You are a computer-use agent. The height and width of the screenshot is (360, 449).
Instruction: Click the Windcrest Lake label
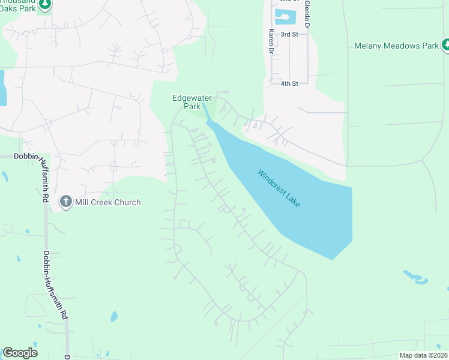pos(279,188)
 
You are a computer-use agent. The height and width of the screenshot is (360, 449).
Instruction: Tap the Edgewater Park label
pos(187,102)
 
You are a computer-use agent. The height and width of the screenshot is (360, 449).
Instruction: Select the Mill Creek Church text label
pos(107,202)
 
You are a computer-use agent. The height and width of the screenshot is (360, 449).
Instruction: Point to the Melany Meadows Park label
pos(396,46)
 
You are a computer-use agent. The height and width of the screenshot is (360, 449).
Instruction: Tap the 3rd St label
pos(289,34)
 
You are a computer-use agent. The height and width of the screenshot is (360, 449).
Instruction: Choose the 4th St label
pos(289,83)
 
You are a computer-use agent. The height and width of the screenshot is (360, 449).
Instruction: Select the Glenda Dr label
pos(307,15)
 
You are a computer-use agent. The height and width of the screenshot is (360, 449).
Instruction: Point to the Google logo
pos(20,353)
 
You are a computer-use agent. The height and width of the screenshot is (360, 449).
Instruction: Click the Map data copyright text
pos(424,355)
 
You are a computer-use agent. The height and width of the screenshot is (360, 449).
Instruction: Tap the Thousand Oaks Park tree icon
pos(44,5)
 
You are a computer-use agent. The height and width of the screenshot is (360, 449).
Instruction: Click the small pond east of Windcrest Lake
pos(415,277)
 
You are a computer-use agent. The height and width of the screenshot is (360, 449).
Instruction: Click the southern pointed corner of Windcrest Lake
pos(332,258)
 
